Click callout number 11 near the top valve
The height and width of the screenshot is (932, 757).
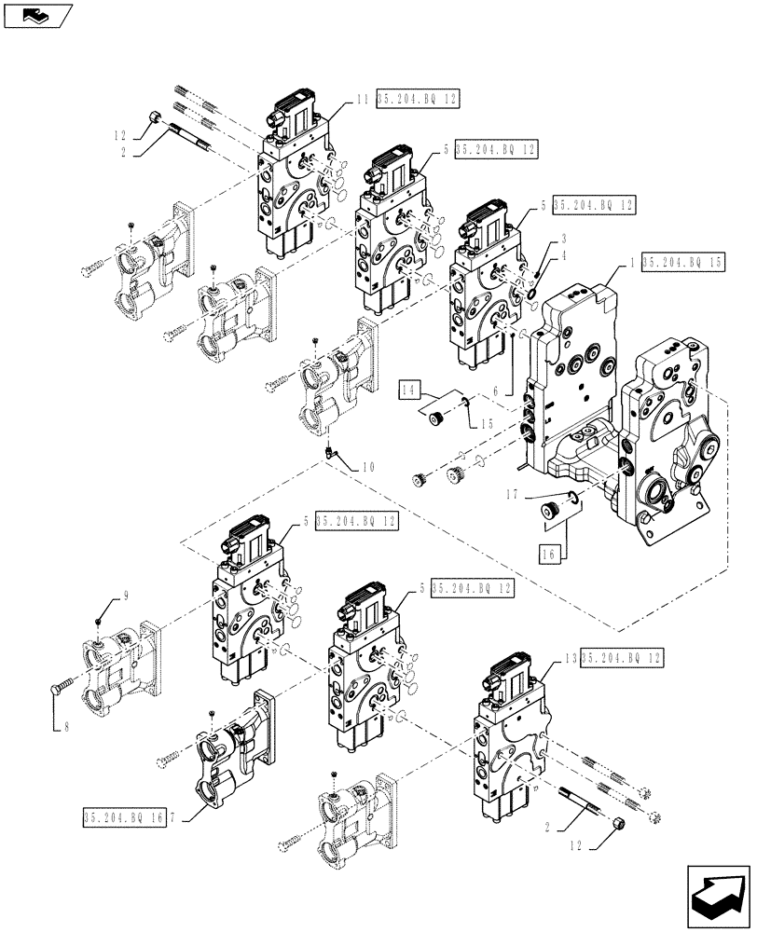pyautogui.click(x=363, y=99)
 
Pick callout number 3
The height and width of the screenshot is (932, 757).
pyautogui.click(x=563, y=240)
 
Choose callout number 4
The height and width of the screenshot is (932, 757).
pyautogui.click(x=563, y=256)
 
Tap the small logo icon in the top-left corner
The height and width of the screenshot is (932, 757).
pyautogui.click(x=35, y=15)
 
